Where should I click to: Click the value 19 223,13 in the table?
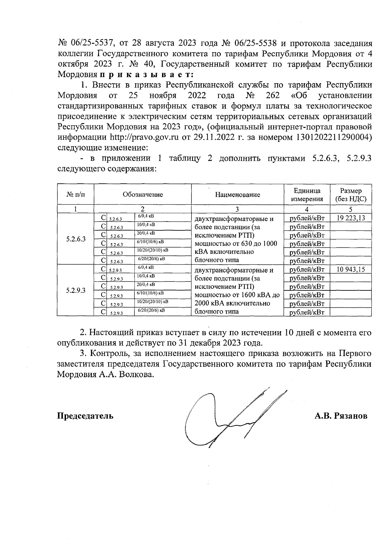[x=350, y=218]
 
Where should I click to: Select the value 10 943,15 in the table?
[x=350, y=269]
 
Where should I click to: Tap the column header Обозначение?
[x=143, y=195]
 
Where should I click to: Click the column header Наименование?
[x=237, y=195]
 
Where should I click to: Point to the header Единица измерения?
[x=307, y=195]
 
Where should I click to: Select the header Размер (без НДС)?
[x=351, y=195]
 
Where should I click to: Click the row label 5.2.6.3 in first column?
[x=75, y=239]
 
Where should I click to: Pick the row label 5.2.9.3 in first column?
[x=75, y=290]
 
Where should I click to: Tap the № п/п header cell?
[x=75, y=195]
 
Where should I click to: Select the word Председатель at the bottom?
[x=86, y=416]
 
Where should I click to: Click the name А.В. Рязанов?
[x=341, y=416]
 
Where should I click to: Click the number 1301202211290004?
[x=334, y=137]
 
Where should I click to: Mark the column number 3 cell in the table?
[x=237, y=209]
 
